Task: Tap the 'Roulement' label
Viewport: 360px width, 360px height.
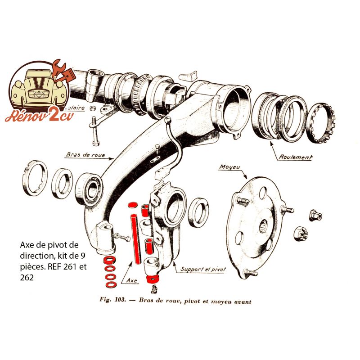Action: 296,157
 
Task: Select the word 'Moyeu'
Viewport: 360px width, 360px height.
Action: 230,167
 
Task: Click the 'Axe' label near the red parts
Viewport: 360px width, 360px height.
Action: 132,280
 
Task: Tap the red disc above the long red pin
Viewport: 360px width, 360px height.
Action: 133,205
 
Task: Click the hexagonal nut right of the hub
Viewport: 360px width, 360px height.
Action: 315,216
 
